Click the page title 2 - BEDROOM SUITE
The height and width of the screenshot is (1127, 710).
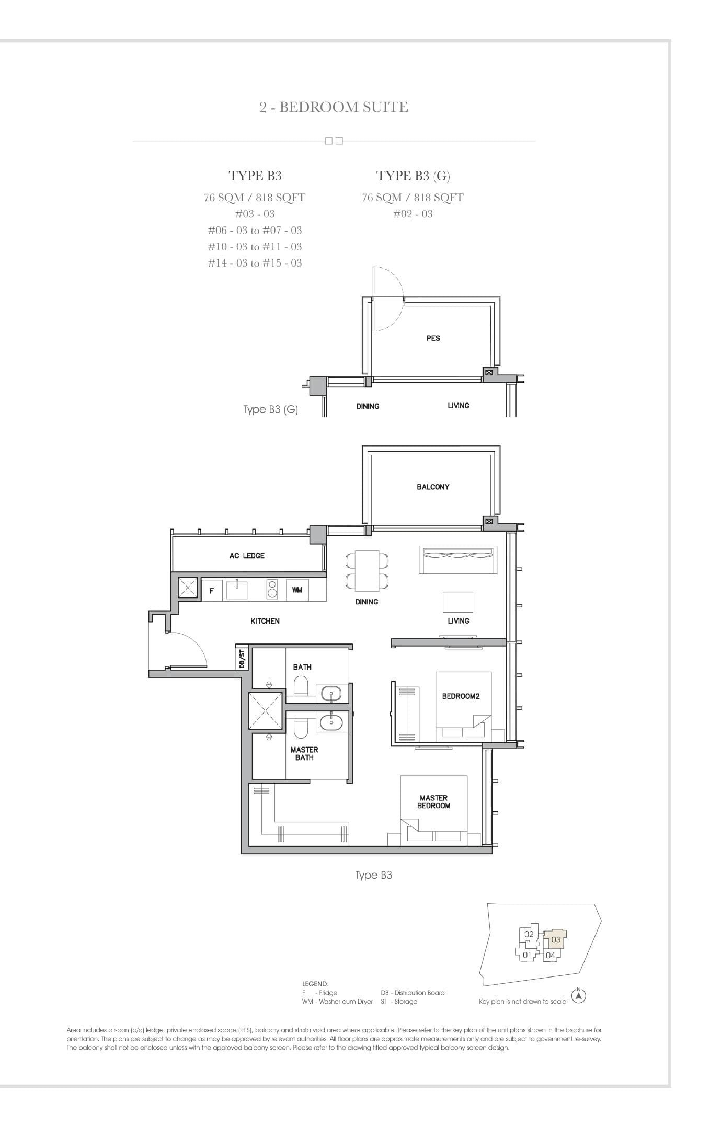pyautogui.click(x=334, y=107)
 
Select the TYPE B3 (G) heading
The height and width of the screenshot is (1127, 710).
pyautogui.click(x=413, y=176)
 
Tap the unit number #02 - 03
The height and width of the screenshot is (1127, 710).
pyautogui.click(x=413, y=214)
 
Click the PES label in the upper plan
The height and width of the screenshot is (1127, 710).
pyautogui.click(x=433, y=338)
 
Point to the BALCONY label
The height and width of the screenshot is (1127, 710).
pyautogui.click(x=433, y=487)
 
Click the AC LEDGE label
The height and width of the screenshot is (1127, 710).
pyautogui.click(x=247, y=555)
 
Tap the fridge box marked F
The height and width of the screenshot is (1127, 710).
pyautogui.click(x=212, y=591)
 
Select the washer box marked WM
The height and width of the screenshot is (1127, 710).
pyautogui.click(x=297, y=590)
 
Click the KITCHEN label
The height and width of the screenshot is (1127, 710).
pyautogui.click(x=265, y=621)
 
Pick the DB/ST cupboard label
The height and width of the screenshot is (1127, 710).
pyautogui.click(x=242, y=659)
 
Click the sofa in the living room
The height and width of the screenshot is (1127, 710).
pyautogui.click(x=456, y=560)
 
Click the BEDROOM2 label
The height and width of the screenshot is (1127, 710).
pyautogui.click(x=461, y=696)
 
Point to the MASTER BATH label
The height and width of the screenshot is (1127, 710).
pyautogui.click(x=304, y=753)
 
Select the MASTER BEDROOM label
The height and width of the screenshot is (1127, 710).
pyautogui.click(x=433, y=801)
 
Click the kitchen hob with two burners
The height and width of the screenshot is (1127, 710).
pyautogui.click(x=272, y=589)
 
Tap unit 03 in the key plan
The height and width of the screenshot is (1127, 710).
pyautogui.click(x=555, y=939)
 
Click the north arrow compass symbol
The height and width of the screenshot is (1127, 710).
pyautogui.click(x=578, y=996)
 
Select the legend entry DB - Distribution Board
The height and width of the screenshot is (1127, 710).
pyautogui.click(x=413, y=993)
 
